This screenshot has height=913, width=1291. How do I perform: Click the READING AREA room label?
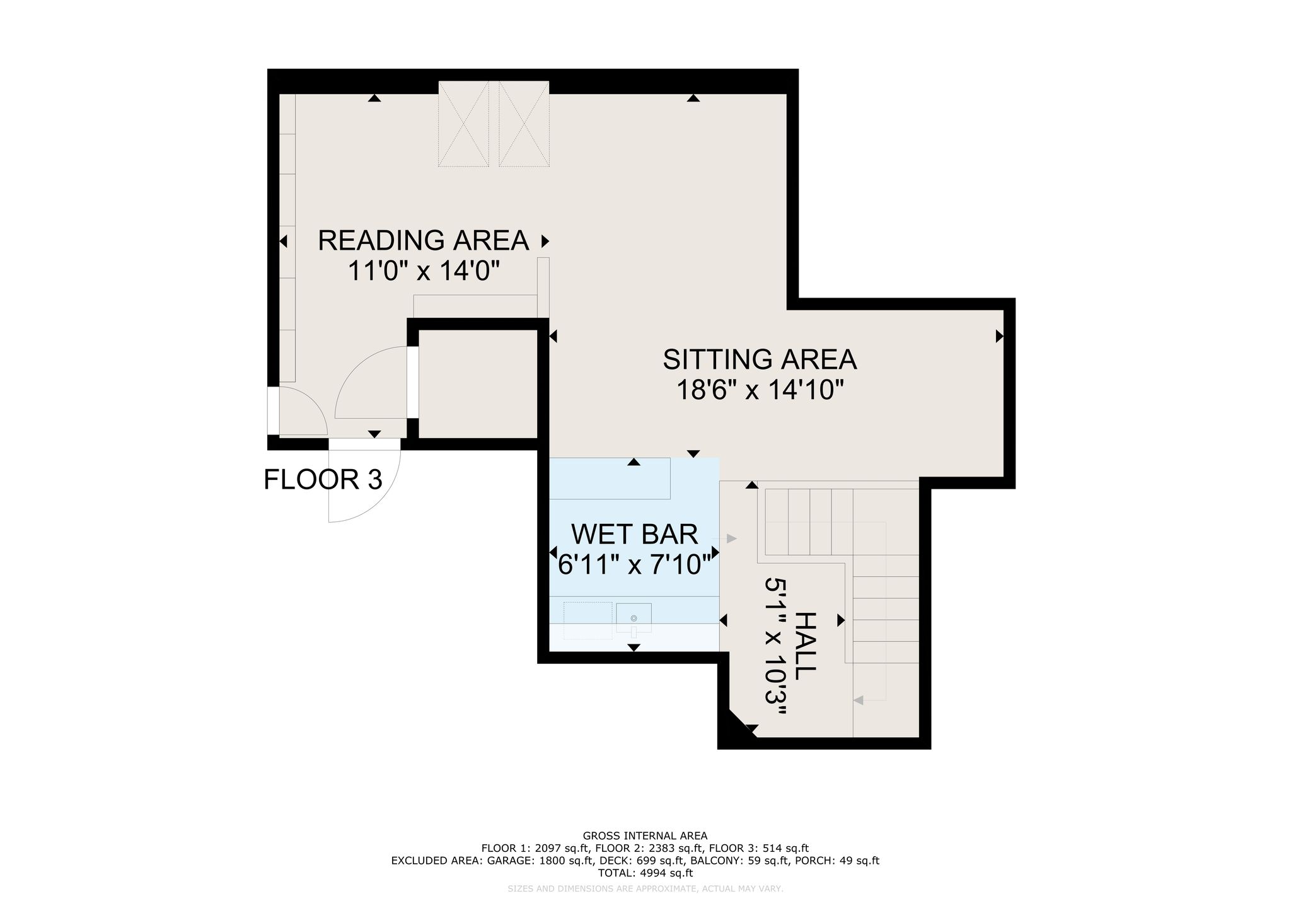coord(423,240)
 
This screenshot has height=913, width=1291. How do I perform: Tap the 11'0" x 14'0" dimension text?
coord(424,271)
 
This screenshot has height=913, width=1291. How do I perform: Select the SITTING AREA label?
coord(760,359)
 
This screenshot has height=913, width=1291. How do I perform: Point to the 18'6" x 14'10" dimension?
coord(760,390)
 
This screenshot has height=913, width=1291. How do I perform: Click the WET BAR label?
coord(634,534)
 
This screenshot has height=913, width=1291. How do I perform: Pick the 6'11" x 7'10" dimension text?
coord(638,564)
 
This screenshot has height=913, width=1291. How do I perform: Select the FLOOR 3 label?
coord(323,479)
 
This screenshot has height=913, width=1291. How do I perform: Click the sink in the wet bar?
coord(634,618)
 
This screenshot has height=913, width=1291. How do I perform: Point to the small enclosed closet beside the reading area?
coord(478,384)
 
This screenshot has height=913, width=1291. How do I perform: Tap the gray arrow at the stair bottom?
coord(859,699)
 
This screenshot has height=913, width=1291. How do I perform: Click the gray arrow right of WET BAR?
coord(731,538)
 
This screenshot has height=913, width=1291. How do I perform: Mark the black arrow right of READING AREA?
coord(545,241)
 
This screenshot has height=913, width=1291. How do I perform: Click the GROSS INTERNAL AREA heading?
coord(645,836)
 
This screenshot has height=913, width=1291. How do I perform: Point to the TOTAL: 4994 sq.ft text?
coord(645,873)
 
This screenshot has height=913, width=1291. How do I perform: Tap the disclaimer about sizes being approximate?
coord(645,888)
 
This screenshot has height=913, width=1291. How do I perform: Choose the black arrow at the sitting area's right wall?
coord(999,337)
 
